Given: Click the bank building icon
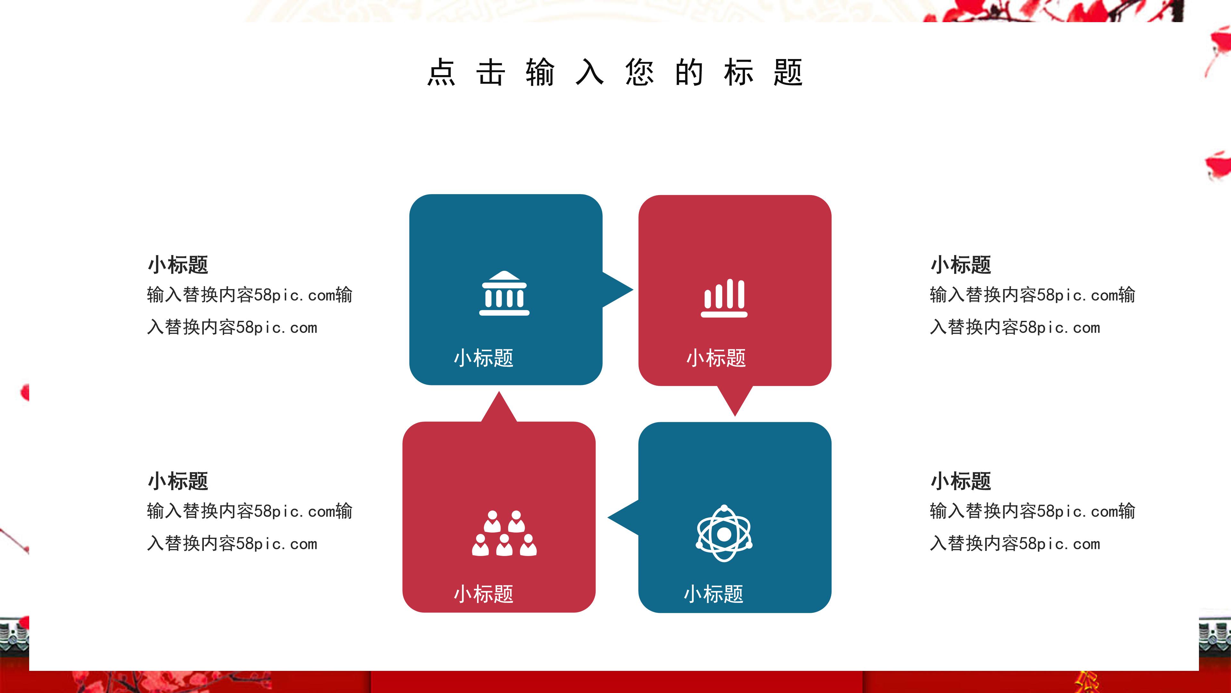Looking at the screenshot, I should coord(504,293).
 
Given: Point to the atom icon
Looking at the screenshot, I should coord(724,533).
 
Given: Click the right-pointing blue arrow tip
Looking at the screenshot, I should coord(621,289).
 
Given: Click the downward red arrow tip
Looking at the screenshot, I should coord(735,404).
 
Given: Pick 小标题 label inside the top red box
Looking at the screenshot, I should coord(716,358).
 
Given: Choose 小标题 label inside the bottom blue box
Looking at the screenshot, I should coord(714,594).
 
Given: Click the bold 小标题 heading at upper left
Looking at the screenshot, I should coord(178,264).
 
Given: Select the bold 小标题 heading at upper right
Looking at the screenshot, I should coord(960,264).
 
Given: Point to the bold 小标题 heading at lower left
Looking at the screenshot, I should coord(178,481).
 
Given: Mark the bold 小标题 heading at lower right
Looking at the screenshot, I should coord(960,481).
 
